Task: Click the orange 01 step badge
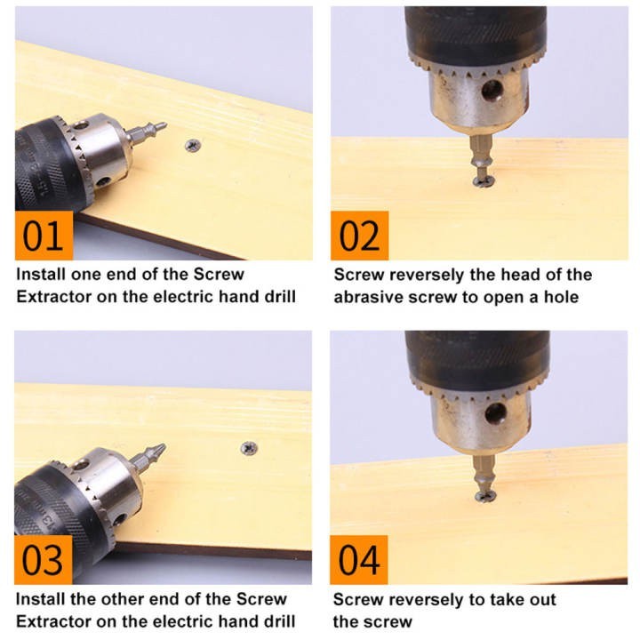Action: (x=44, y=236)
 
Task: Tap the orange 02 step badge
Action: (x=360, y=236)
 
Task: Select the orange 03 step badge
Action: (x=44, y=560)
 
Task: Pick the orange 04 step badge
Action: (x=359, y=560)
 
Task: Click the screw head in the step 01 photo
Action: (x=193, y=145)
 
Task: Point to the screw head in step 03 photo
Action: (x=249, y=448)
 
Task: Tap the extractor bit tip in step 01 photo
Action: (x=165, y=124)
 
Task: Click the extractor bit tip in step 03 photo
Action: (x=164, y=445)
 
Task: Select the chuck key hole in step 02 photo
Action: (x=492, y=91)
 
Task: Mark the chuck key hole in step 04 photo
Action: (x=495, y=413)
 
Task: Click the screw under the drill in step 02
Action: (x=484, y=181)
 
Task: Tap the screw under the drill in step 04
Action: (x=485, y=497)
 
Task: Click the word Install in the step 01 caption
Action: (x=41, y=275)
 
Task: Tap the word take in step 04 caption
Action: (x=506, y=600)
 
